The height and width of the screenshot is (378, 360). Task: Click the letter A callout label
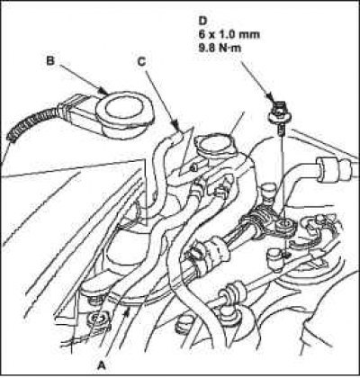coord(102,364)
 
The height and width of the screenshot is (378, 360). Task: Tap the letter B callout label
coord(50,61)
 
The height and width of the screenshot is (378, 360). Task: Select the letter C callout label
coord(141,61)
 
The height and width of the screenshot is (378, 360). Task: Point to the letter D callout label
coord(202,21)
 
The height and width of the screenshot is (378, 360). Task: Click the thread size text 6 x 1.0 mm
coord(229,34)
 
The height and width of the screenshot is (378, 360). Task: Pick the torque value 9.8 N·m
coord(220,48)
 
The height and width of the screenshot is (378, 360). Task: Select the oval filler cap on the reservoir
coord(213,145)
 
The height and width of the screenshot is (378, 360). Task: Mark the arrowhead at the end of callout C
coord(175,123)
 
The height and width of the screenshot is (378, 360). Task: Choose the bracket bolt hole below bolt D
coord(283,223)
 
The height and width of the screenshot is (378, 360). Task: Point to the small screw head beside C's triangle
coord(194,167)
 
